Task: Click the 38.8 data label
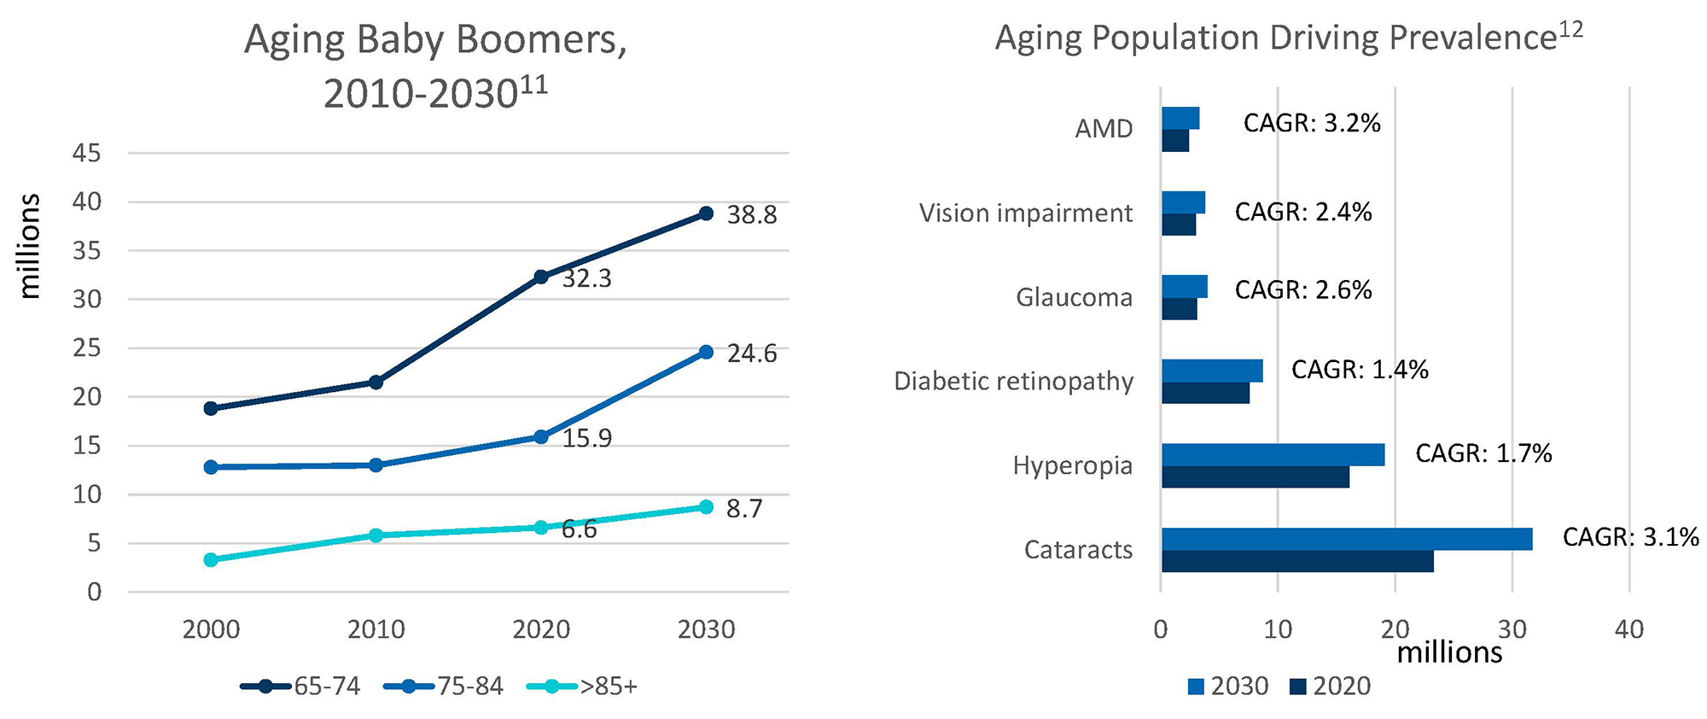pyautogui.click(x=751, y=215)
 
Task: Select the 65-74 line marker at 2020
pyautogui.click(x=541, y=277)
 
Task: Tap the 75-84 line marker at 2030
pyautogui.click(x=706, y=352)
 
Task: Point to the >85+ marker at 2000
pyautogui.click(x=211, y=560)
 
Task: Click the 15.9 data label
pyautogui.click(x=586, y=439)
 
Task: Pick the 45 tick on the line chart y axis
pyautogui.click(x=87, y=154)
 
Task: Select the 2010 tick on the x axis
pyautogui.click(x=376, y=630)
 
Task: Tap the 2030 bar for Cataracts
pyautogui.click(x=1346, y=539)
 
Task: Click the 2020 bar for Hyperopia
pyautogui.click(x=1255, y=476)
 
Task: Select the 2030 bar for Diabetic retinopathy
pyautogui.click(x=1211, y=371)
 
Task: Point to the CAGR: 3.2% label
pyautogui.click(x=1311, y=124)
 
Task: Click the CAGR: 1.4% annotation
pyautogui.click(x=1359, y=370)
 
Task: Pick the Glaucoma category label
pyautogui.click(x=1074, y=298)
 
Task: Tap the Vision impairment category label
pyautogui.click(x=1025, y=213)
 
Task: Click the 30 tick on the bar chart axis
pyautogui.click(x=1512, y=630)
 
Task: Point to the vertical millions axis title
pyautogui.click(x=31, y=246)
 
